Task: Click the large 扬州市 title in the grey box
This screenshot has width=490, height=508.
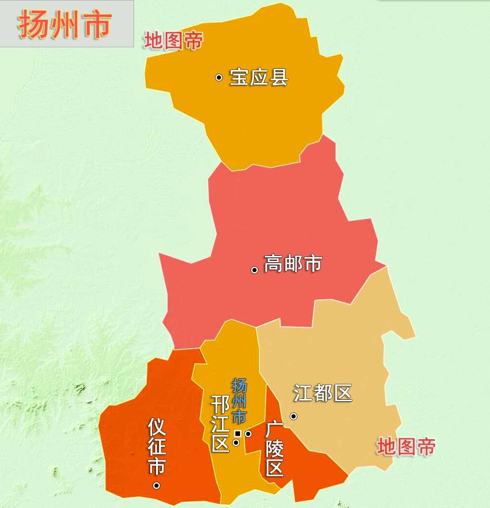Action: tap(65, 24)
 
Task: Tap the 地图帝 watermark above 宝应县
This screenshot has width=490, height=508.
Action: tap(173, 41)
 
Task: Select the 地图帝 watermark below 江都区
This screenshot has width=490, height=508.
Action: tap(406, 447)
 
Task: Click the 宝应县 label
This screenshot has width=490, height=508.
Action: tap(259, 78)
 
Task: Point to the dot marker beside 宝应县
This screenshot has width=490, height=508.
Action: tap(219, 77)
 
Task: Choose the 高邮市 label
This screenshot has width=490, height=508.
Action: tap(293, 263)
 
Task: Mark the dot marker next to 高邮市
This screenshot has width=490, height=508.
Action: tap(254, 270)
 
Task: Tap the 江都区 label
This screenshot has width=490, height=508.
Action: tap(323, 393)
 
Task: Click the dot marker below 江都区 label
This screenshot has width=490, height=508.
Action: tap(294, 416)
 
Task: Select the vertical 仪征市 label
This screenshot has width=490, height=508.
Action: tap(157, 447)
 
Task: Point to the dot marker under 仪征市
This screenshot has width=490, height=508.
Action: tap(157, 485)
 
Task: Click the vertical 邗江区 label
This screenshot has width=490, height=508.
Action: tap(220, 424)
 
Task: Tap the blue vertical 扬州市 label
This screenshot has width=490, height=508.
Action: tap(239, 401)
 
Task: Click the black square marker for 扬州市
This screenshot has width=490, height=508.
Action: tap(237, 433)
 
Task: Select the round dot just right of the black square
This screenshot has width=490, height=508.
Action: tap(248, 433)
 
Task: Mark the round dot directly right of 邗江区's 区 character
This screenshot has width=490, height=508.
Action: tap(236, 443)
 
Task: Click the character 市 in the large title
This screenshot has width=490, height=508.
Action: tap(97, 24)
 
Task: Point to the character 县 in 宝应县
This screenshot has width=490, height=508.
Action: tap(279, 78)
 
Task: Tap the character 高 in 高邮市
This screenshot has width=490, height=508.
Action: tap(273, 263)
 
